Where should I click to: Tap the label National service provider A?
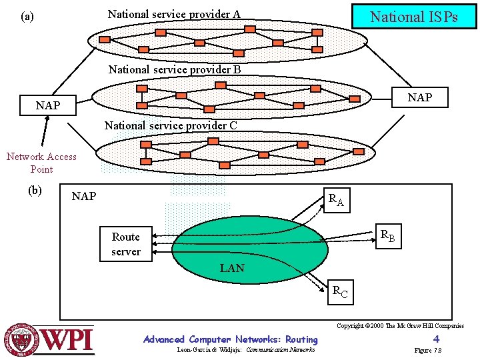click(174, 14)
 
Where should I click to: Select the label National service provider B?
click(174, 69)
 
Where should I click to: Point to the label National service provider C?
click(171, 125)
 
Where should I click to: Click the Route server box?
click(126, 244)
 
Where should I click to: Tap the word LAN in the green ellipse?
click(232, 269)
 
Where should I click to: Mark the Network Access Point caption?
click(41, 163)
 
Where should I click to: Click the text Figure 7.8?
click(428, 351)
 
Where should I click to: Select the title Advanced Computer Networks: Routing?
click(231, 339)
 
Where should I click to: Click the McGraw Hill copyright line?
click(400, 326)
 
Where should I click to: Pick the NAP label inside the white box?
click(84, 197)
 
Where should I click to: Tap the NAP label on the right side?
click(420, 98)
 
